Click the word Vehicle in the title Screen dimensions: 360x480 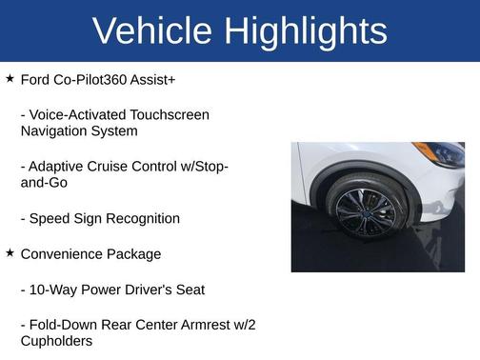click(x=152, y=31)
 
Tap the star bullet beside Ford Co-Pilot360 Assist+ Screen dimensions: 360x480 click(x=10, y=78)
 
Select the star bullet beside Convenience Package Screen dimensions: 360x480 click(x=10, y=253)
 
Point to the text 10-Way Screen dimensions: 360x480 click(x=55, y=290)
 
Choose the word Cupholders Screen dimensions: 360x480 click(x=56, y=341)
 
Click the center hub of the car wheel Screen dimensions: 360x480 click(x=366, y=210)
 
